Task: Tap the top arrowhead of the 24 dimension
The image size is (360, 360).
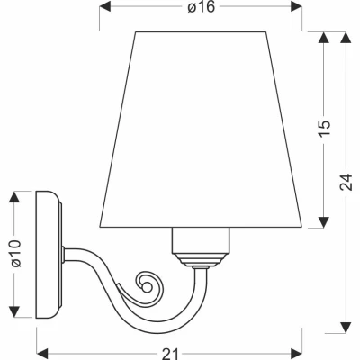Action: pos(346,36)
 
